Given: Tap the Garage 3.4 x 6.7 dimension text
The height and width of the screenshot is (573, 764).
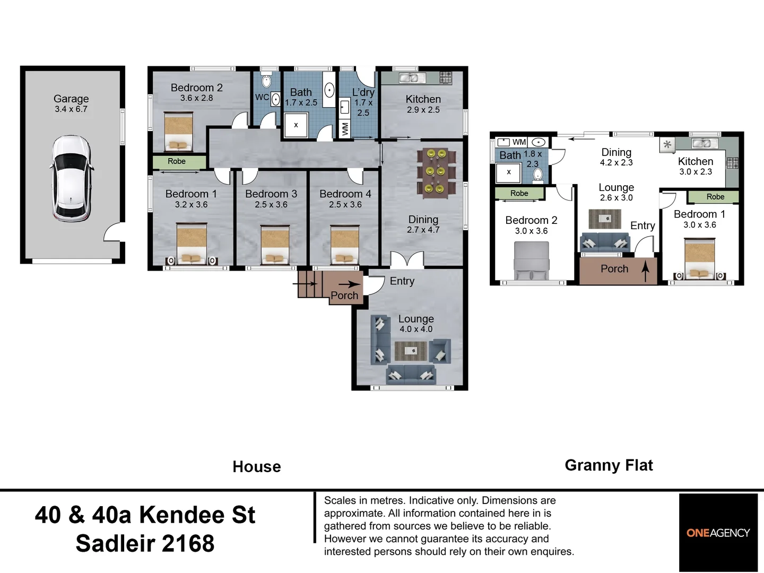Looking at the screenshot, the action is pos(71,109).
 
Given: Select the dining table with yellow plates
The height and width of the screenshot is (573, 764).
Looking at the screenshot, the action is pos(437,173).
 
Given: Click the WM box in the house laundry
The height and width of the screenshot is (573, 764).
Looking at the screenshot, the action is pos(344,129).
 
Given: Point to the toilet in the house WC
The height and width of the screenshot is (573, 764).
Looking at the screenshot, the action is pos(266,81).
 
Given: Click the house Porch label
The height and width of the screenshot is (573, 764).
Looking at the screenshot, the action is pos(344,296).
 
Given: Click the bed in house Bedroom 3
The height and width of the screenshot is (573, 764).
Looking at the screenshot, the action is pos(275,245).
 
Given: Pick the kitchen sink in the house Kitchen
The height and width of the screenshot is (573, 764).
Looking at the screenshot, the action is pos(412,78).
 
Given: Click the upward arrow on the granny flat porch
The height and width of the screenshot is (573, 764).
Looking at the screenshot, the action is pos(645,271).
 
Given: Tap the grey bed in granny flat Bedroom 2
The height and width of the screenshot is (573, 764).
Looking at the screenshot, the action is pos(532,261).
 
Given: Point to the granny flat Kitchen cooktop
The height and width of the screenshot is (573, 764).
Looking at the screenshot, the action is pos(732,163).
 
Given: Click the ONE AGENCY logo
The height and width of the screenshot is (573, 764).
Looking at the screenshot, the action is pos(718,533).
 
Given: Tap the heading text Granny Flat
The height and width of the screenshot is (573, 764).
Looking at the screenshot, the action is pos(609,465).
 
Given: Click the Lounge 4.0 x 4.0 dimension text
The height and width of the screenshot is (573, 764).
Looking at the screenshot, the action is pos(416,329).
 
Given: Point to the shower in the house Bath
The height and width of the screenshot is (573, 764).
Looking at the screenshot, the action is pos(296,125).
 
